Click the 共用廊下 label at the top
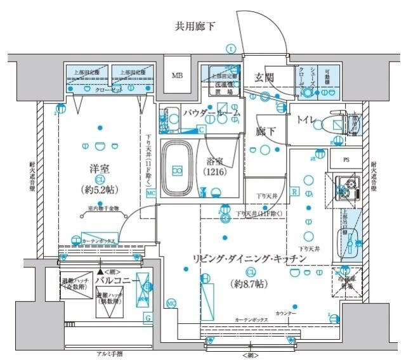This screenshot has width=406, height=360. (x=195, y=27)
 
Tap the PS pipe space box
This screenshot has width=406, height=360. (x=346, y=160)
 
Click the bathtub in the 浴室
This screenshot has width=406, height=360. (x=178, y=169)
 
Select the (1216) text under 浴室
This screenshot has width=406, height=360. (x=215, y=172)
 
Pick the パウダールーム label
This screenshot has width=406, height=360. (x=211, y=113)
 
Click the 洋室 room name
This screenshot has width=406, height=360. (x=99, y=169)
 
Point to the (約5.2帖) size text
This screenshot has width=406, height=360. (x=98, y=189)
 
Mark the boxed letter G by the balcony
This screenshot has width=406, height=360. (x=147, y=316)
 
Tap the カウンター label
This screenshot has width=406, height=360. (x=287, y=313)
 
